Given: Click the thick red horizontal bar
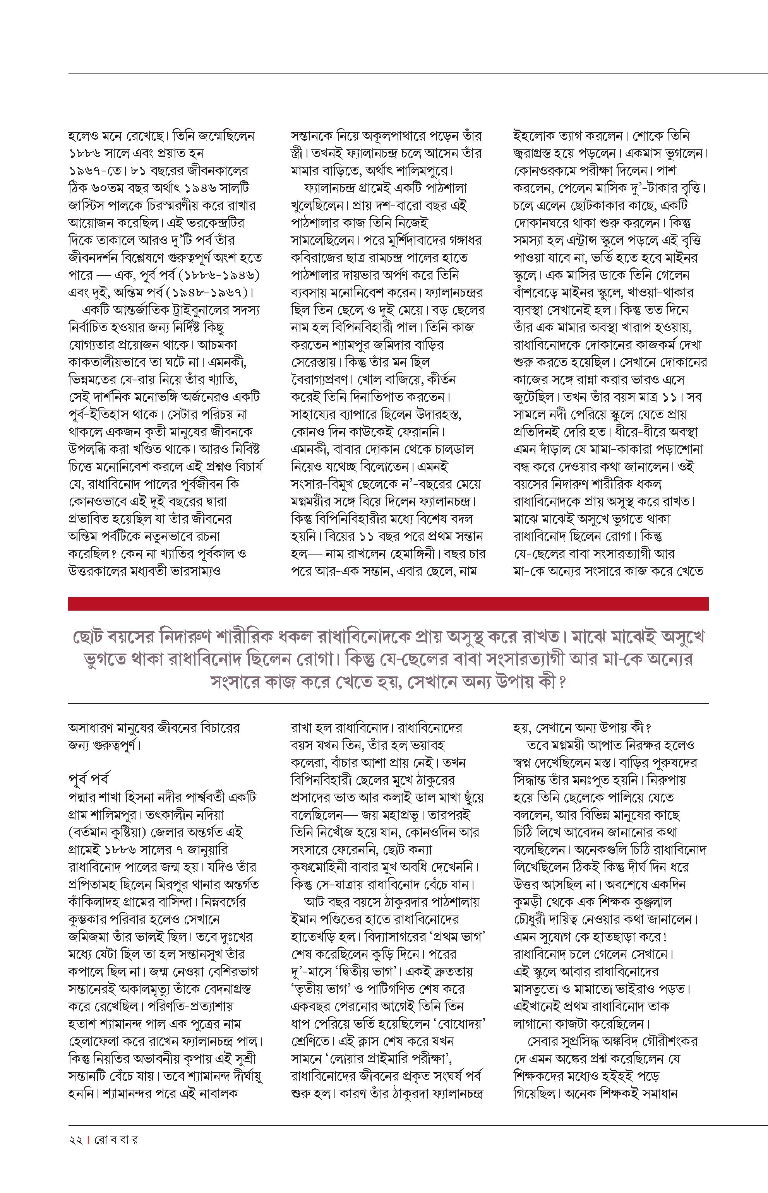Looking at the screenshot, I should [388, 604].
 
